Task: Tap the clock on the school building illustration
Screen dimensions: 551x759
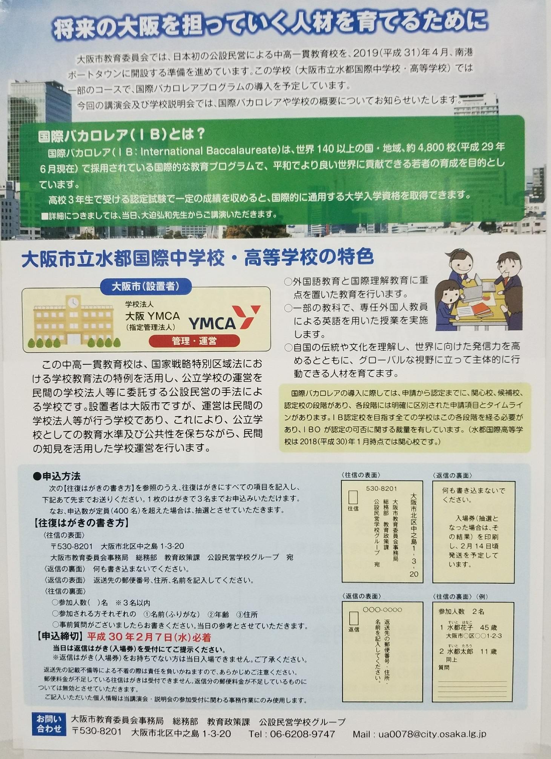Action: (x=73, y=302)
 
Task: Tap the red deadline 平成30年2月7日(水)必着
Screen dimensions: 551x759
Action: (x=149, y=637)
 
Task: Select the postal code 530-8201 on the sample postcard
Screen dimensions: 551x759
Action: (x=382, y=489)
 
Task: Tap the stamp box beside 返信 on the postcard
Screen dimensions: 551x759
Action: (x=353, y=619)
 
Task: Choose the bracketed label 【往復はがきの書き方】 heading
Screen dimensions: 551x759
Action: (x=81, y=523)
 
